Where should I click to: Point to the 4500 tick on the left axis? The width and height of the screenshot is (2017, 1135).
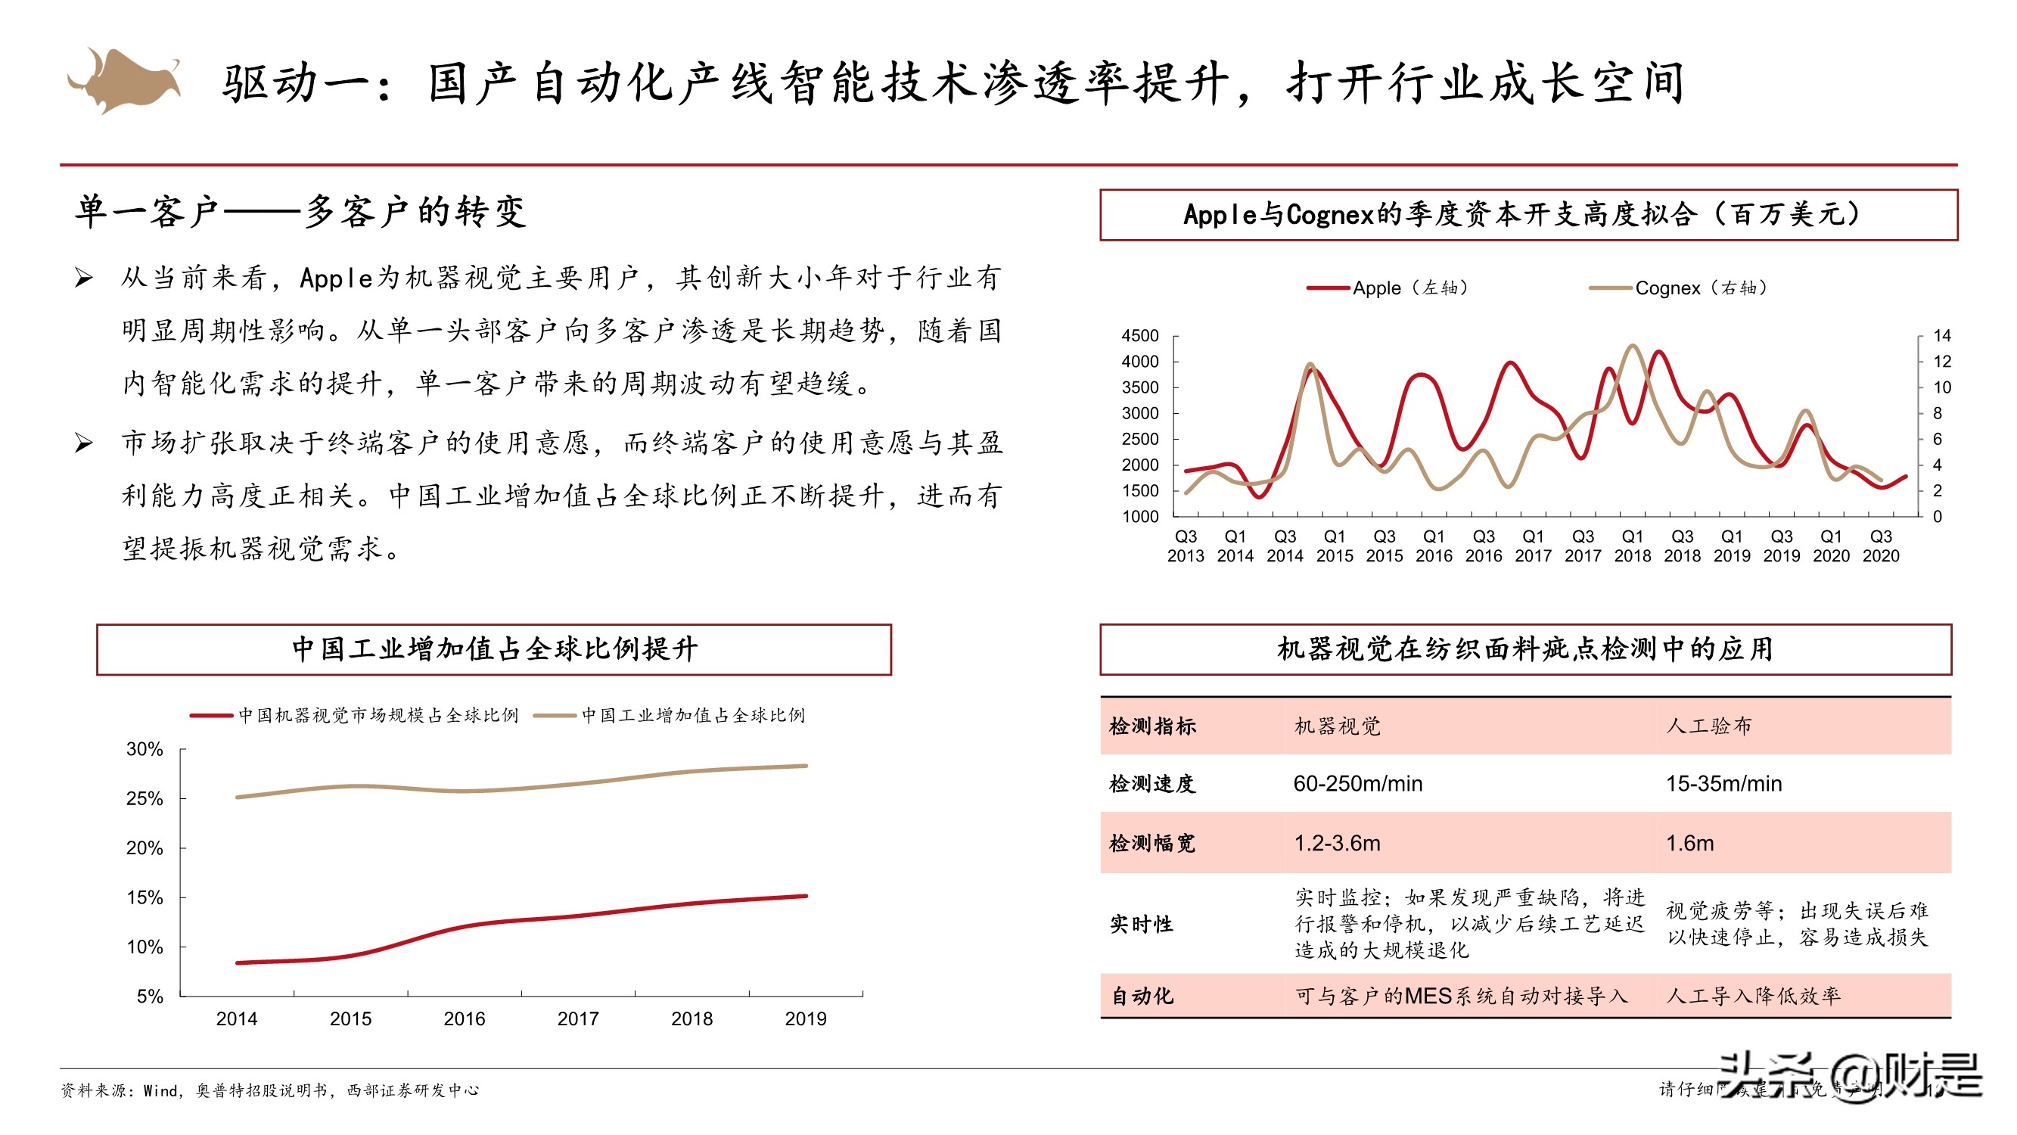click(1139, 336)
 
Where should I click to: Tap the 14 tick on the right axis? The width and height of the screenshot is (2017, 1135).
click(1941, 336)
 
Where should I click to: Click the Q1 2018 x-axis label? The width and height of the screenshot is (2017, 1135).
click(1632, 546)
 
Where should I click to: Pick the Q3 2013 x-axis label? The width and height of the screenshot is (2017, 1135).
click(1186, 546)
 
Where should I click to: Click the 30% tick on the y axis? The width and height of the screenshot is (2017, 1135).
click(145, 750)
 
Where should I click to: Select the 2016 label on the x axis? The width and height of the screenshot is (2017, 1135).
click(465, 1018)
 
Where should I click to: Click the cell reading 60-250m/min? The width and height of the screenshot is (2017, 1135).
click(1358, 783)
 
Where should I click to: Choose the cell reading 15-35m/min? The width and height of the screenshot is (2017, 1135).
click(1723, 783)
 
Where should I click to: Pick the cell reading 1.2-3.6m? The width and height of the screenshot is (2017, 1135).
click(1337, 843)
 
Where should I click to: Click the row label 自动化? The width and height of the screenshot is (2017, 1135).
click(1142, 996)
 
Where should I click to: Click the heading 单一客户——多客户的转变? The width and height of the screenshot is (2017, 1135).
click(300, 213)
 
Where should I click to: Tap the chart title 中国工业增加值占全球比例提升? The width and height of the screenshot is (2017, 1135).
click(494, 649)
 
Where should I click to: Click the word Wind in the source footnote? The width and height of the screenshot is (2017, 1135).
click(160, 1090)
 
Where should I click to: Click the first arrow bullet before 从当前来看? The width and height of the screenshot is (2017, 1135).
click(84, 278)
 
